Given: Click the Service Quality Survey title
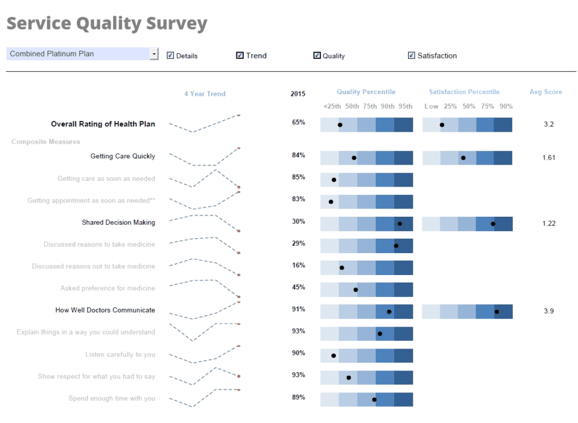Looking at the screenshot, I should coord(107,24).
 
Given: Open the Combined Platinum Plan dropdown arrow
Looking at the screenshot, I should coord(154,54).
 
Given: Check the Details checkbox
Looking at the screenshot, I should coord(171,56).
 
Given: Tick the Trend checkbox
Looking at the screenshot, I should coord(240,56).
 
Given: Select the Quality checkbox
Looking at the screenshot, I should coord(317,56).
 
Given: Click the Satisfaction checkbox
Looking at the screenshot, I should coord(412,56).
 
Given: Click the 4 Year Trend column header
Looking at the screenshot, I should coord(205,94).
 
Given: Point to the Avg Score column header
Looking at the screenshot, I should coord(545,92).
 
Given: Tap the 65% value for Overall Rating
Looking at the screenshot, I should coord(298,123).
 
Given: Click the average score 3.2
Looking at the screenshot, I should coord(549,124).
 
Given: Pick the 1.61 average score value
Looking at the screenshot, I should coord(549,158).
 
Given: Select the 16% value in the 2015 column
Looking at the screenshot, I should coord(298,265).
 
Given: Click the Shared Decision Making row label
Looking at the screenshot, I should coord(118,222).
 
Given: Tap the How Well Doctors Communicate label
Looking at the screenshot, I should coord(105,310).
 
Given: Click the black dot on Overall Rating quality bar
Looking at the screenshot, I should coord(340,125).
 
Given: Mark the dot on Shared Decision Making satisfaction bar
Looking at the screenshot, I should coord(493,224).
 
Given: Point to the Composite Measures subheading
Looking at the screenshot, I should coord(46,142).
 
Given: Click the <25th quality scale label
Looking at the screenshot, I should coord(332,106).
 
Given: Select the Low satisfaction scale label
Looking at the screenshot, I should coord(431,106).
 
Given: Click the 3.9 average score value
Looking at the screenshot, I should coord(549,311).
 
